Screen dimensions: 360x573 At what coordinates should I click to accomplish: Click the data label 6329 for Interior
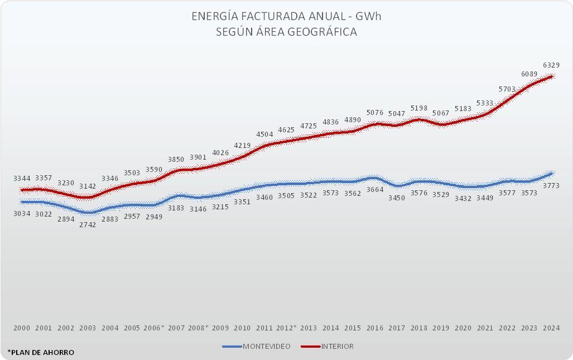[x=551, y=65]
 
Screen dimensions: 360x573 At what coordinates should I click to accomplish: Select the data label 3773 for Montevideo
[x=551, y=185]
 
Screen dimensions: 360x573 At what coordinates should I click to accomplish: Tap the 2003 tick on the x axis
[x=88, y=328]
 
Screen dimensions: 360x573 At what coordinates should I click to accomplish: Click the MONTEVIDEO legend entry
[x=256, y=346]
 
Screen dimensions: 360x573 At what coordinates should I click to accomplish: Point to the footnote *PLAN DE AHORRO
[x=41, y=352]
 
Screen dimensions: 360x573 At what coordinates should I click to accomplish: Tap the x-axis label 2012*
[x=287, y=328]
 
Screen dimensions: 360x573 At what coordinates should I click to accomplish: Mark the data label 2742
[x=88, y=224]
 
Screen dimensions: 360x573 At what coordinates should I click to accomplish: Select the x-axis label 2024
[x=551, y=328]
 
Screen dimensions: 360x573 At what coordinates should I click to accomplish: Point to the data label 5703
[x=507, y=89]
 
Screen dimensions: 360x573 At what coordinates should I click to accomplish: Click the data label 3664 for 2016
[x=375, y=190]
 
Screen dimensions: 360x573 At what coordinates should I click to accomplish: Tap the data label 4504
[x=264, y=134]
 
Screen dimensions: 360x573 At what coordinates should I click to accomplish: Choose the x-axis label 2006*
[x=155, y=328]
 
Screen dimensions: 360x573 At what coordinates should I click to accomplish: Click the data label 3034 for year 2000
[x=22, y=213]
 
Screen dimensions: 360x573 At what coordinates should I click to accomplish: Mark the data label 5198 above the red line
[x=419, y=108]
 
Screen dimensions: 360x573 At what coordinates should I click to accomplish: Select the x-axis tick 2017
[x=397, y=328]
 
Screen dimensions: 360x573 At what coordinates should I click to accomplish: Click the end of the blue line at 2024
[x=551, y=174]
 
